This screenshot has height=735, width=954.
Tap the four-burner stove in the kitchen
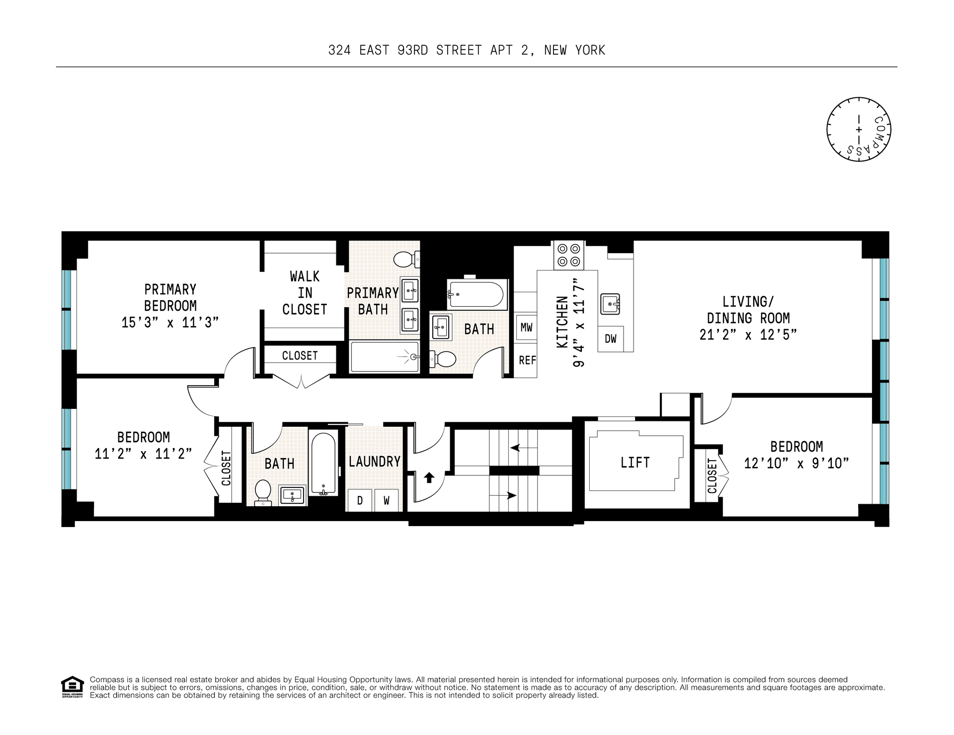point(569,255)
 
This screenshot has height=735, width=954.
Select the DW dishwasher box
point(611,339)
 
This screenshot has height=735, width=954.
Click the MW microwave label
point(526,328)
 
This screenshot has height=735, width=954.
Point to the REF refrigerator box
point(525,361)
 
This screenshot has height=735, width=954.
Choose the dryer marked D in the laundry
point(359,500)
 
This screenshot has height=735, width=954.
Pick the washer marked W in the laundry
point(386,500)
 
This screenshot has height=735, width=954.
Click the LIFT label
point(635,463)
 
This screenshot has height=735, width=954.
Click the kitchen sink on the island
point(610,304)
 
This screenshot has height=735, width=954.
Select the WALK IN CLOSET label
point(305,293)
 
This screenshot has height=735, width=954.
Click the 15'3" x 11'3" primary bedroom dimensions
point(170,323)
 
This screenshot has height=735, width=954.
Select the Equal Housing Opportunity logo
point(72,687)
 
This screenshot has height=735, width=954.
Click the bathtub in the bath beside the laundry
point(323,464)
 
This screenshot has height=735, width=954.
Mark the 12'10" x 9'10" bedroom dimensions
point(796,464)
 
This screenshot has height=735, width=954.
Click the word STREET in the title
point(459,50)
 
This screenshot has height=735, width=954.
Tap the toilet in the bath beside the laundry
point(263,492)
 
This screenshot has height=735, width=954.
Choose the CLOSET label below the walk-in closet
point(300,356)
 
